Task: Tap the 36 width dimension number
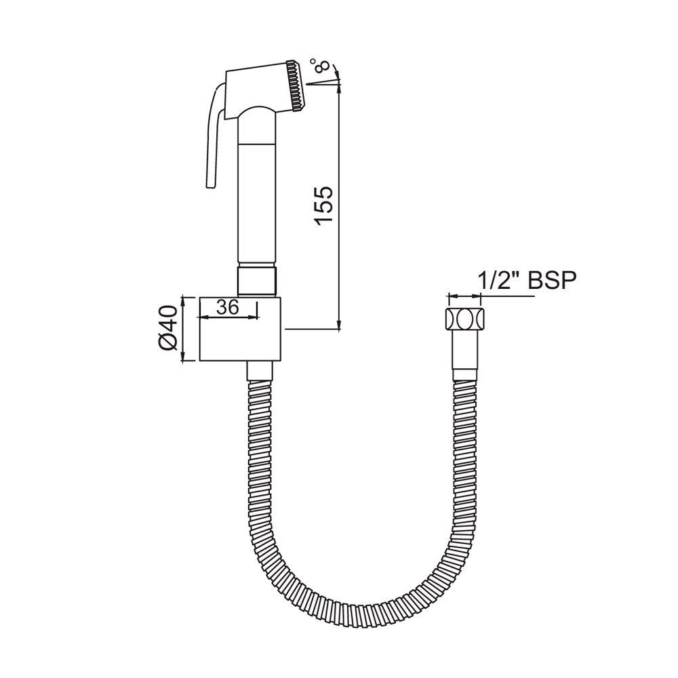pyautogui.click(x=228, y=307)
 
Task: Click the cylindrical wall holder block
pyautogui.click(x=240, y=329)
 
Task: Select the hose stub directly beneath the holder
pyautogui.click(x=258, y=372)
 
